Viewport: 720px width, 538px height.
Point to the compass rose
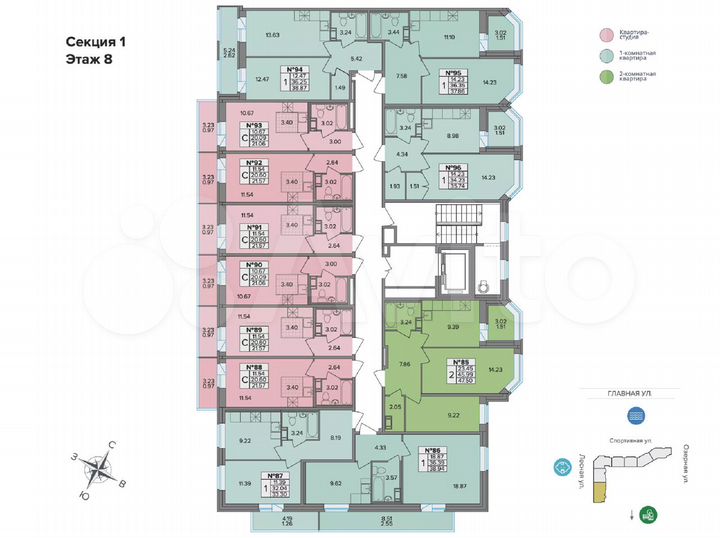tap(99, 465)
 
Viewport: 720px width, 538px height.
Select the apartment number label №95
tap(451, 73)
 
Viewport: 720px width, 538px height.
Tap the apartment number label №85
tap(460, 362)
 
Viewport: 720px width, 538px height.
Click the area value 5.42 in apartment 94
tap(327, 59)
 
